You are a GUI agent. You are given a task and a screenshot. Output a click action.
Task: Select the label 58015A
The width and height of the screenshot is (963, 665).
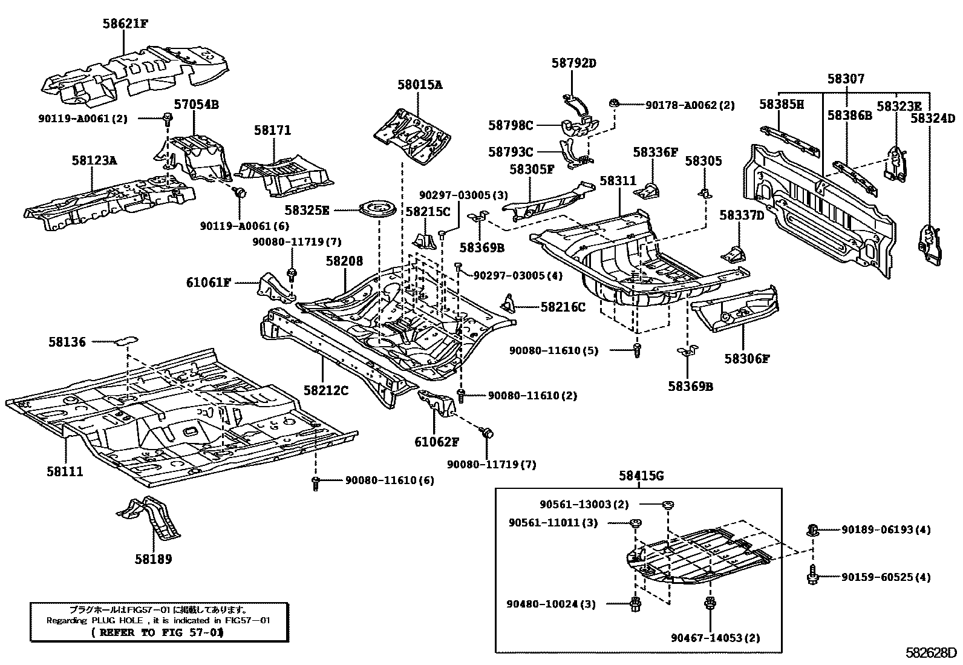[419, 85]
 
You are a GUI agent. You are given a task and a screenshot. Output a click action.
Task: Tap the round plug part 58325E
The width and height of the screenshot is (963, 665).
[377, 210]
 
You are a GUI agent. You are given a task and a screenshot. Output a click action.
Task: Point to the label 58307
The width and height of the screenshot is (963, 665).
[846, 79]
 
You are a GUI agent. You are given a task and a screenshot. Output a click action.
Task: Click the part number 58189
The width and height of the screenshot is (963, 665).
[153, 559]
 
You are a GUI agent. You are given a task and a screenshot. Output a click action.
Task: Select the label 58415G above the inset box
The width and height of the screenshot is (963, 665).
[641, 476]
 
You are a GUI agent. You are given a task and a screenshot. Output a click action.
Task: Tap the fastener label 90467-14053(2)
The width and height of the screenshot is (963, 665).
[715, 637]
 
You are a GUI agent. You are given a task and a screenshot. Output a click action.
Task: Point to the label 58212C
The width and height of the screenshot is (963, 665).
[326, 390]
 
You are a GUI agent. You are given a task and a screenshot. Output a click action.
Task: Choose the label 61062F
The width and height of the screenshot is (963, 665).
[437, 442]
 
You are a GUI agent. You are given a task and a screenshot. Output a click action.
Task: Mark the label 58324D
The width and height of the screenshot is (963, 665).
[933, 119]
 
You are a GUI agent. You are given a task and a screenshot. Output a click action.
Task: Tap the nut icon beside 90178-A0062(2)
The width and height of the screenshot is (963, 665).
[615, 104]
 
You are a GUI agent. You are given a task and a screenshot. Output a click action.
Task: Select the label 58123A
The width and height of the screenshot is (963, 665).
[94, 160]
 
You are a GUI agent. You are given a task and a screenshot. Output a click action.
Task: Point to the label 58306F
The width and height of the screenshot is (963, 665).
[746, 358]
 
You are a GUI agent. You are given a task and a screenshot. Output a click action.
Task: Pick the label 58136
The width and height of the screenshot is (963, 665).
[67, 342]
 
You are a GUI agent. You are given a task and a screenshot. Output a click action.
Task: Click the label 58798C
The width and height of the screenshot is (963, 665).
[511, 125]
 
